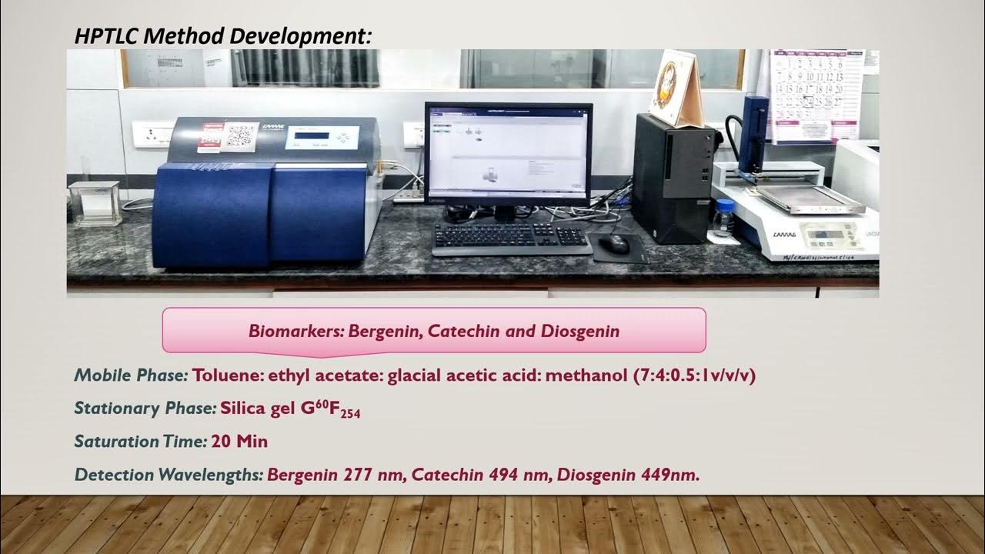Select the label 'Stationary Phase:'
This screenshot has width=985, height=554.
(x=145, y=409)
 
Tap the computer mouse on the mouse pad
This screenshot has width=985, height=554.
(x=614, y=244)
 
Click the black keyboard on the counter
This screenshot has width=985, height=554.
(x=511, y=238)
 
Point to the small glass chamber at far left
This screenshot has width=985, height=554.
(x=95, y=202)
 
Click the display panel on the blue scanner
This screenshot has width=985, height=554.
(x=312, y=137)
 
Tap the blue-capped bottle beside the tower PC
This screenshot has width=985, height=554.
(x=723, y=219)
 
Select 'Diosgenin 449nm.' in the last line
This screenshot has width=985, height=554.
(x=628, y=475)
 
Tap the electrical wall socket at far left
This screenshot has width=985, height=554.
(x=153, y=134)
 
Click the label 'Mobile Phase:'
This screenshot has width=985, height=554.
(x=131, y=375)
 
